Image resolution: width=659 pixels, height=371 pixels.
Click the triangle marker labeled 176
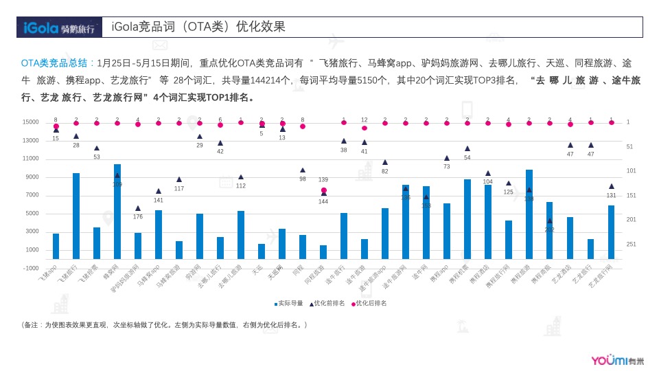tap(138, 208)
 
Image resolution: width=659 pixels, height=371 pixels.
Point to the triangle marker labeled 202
tap(550, 221)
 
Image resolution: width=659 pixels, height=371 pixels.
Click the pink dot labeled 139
tap(323, 191)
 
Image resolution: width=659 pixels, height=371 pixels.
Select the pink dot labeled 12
tap(365, 128)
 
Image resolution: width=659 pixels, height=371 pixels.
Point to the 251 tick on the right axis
tap(631, 245)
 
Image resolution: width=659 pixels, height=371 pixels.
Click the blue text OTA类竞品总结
tap(57, 63)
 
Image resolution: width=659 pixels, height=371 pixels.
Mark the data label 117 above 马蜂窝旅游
tap(179, 188)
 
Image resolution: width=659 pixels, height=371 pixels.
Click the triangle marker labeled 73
tap(447, 158)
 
